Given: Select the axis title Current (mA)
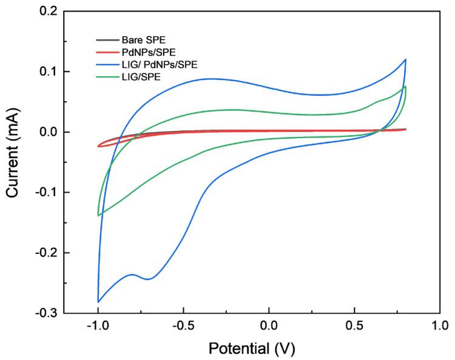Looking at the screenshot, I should point(13,162).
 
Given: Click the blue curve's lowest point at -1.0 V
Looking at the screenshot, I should point(98,302).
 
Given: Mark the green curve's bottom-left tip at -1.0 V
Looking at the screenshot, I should point(98,215).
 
